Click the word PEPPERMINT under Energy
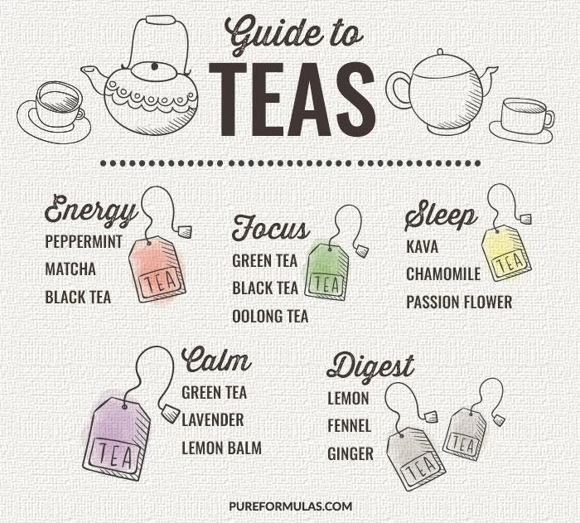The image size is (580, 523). click(x=83, y=242)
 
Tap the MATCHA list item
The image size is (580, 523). click(x=70, y=269)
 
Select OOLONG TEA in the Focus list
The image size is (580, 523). click(x=270, y=317)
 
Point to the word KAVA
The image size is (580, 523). click(x=422, y=247)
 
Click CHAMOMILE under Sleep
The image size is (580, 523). click(x=443, y=274)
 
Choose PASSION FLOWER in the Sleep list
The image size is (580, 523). click(x=459, y=302)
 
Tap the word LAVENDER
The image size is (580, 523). click(x=213, y=420)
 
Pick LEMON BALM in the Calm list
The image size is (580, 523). click(x=221, y=448)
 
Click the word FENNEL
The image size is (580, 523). click(x=349, y=426)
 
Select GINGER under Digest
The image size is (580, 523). click(x=350, y=453)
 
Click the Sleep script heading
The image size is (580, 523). click(x=440, y=215)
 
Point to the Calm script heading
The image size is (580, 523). click(x=216, y=359)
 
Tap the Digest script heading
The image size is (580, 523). click(x=370, y=367)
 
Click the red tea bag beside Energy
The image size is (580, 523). click(x=157, y=269)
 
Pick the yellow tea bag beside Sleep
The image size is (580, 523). click(x=507, y=253)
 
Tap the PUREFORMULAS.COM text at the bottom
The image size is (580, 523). click(x=291, y=506)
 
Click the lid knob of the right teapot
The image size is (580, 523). click(x=440, y=52)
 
